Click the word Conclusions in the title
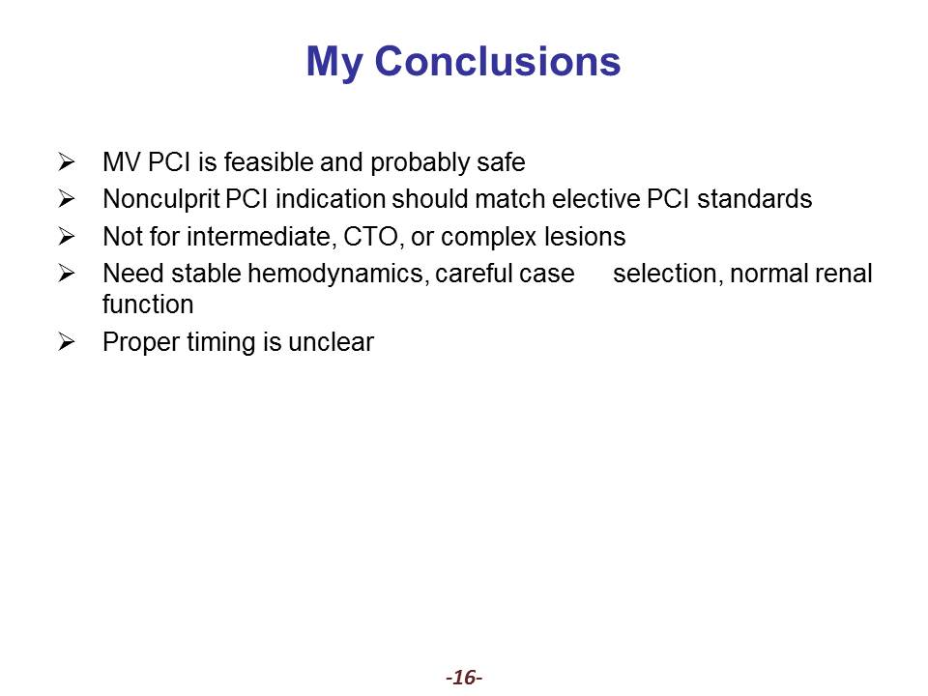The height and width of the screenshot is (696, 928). point(498,61)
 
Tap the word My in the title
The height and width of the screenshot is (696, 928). point(333,63)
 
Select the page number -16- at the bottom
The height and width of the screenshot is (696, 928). point(464,677)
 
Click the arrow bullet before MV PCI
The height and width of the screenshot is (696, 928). point(67,161)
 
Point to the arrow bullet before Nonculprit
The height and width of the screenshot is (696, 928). point(67,198)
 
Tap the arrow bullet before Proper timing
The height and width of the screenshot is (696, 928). point(67,341)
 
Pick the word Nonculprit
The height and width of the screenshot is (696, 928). point(161,199)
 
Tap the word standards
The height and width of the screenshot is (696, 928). point(755,199)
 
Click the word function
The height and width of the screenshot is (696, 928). point(148,304)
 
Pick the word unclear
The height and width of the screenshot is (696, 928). point(331,342)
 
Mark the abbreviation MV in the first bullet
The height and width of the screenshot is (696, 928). point(122,161)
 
